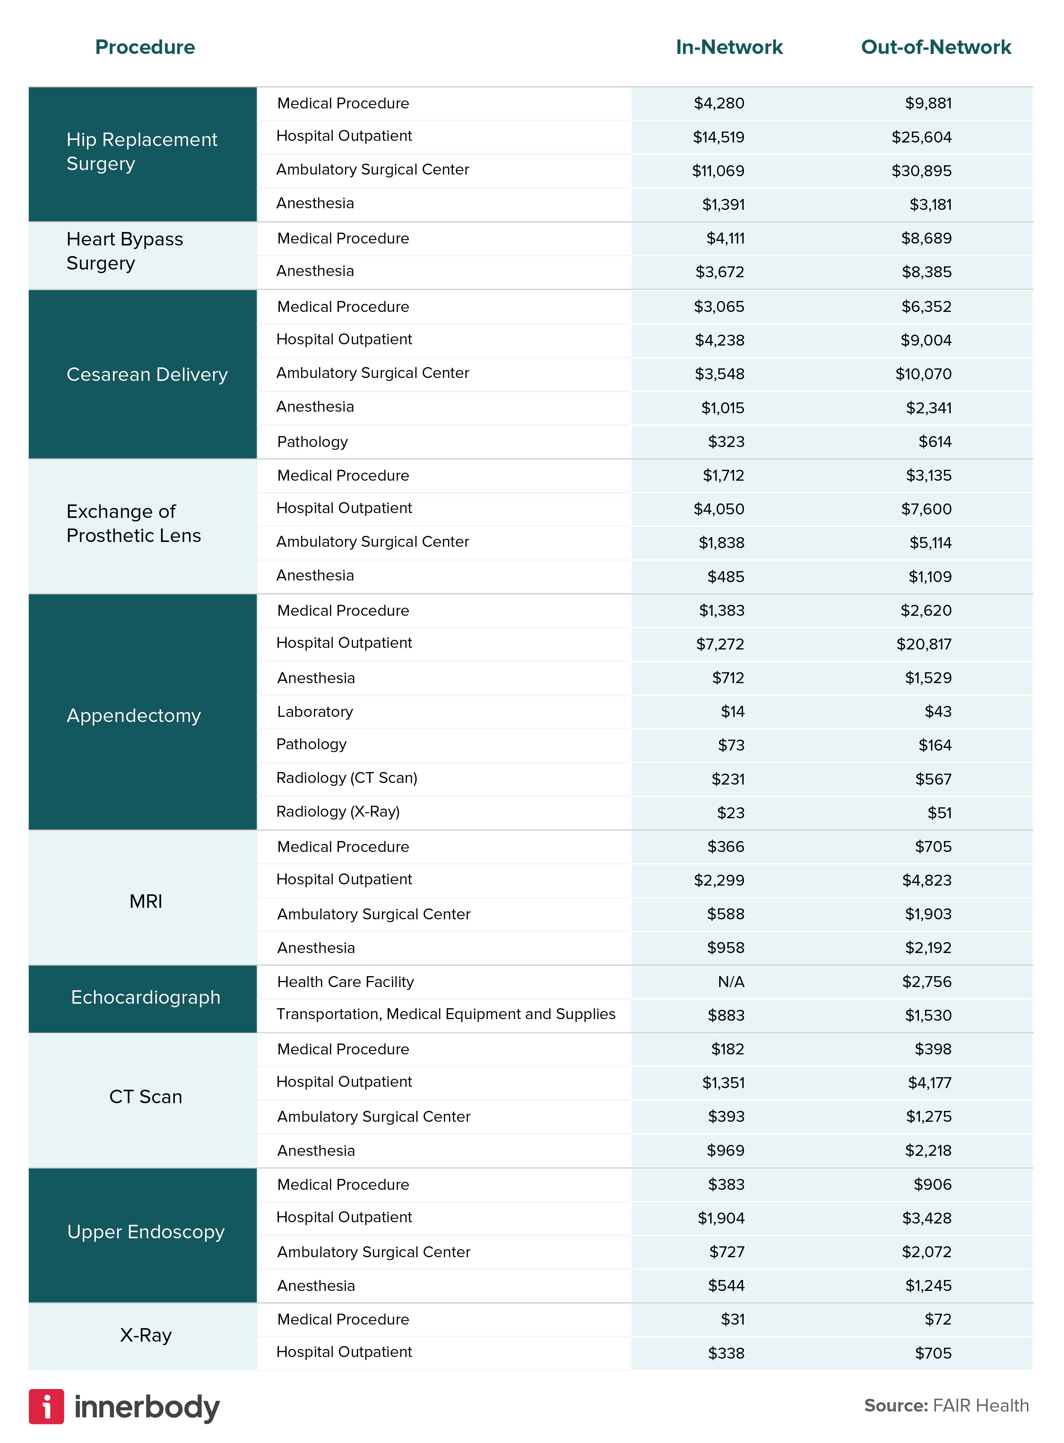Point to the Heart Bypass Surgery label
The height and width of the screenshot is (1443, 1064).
click(x=125, y=251)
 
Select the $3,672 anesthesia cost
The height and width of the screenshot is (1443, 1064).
click(x=719, y=272)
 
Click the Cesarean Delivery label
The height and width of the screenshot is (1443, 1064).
click(x=147, y=374)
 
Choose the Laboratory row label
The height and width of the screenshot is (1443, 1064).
click(x=315, y=711)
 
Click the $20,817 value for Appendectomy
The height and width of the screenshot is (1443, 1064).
click(x=924, y=644)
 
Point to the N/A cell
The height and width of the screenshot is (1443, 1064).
click(x=731, y=981)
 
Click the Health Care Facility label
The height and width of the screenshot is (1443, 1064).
click(x=345, y=981)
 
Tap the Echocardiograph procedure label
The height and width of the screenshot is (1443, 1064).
click(x=146, y=997)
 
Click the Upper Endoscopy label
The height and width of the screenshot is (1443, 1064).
click(x=146, y=1232)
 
